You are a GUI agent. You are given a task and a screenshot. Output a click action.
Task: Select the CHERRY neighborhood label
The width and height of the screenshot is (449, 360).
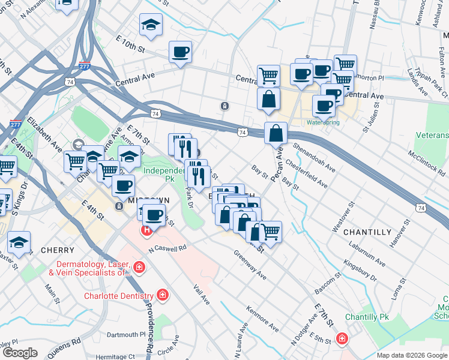tap(58, 250)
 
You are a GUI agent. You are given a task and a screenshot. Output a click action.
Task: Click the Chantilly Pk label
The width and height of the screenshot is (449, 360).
tap(365, 317)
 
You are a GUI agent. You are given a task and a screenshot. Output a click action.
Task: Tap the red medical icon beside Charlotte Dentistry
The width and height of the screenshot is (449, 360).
tap(161, 295)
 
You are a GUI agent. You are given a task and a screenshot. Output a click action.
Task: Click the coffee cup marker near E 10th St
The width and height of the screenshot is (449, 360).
tap(180, 52)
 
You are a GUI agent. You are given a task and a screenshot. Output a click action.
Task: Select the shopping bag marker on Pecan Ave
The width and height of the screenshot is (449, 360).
tap(276, 134)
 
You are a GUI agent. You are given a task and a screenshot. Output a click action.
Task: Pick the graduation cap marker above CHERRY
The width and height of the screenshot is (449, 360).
tap(19, 242)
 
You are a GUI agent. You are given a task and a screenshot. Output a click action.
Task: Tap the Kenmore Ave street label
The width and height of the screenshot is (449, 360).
tap(262, 319)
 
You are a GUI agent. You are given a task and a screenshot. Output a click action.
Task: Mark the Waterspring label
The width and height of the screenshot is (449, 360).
tap(323, 122)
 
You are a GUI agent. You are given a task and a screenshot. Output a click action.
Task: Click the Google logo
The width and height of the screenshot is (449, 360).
tap(20, 353)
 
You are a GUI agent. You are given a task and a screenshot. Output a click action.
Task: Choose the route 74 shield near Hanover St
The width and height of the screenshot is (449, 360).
tap(421, 208)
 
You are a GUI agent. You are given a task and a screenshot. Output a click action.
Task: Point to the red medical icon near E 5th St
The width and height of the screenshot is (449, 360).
tap(342, 338)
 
